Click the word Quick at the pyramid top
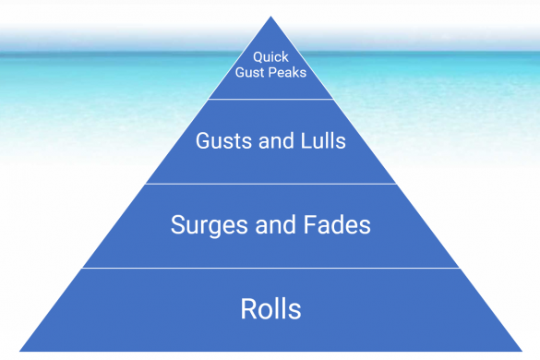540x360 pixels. [270, 55]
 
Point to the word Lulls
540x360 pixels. [319, 141]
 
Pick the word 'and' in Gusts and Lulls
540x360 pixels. [271, 141]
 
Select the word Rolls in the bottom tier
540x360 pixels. [270, 308]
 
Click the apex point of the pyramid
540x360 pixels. [270, 17]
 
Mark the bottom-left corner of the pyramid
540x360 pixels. [19, 351]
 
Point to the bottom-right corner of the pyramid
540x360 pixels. [522, 351]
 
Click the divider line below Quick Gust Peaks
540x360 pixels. [270, 99]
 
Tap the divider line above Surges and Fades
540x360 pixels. [270, 183]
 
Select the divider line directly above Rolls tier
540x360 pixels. [270, 268]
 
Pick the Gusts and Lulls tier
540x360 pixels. [270, 162]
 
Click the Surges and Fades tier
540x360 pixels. [270, 247]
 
